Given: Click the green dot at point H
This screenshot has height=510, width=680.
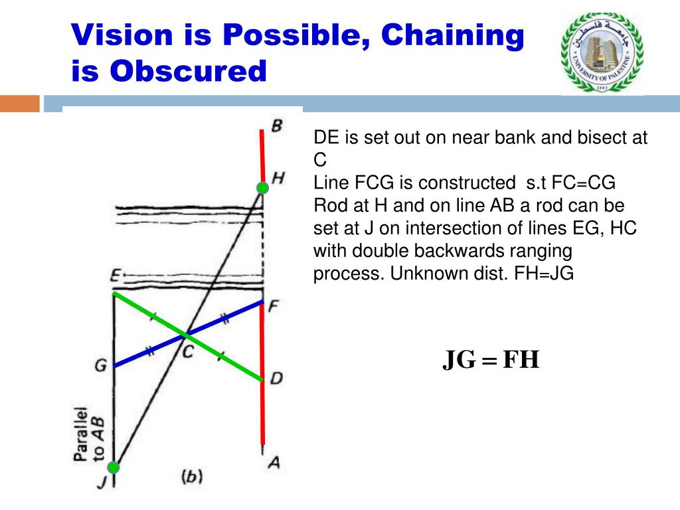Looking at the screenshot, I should coord(262,188).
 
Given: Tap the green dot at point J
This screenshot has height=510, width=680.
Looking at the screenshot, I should coord(114,467).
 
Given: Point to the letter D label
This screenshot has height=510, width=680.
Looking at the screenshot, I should coord(276,379).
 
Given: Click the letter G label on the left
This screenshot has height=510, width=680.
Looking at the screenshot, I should coord(100,365).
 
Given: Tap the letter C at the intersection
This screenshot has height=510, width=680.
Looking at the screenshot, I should coord(188,352).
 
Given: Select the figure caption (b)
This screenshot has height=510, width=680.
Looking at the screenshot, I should coord(191,476).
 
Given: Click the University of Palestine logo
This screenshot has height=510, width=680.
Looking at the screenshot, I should coord(602,53).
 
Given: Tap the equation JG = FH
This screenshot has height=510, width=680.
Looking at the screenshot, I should coord(491,360).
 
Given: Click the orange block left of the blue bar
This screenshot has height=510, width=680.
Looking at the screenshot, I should coord(20,104).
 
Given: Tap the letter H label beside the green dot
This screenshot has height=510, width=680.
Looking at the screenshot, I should coord(278,177).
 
